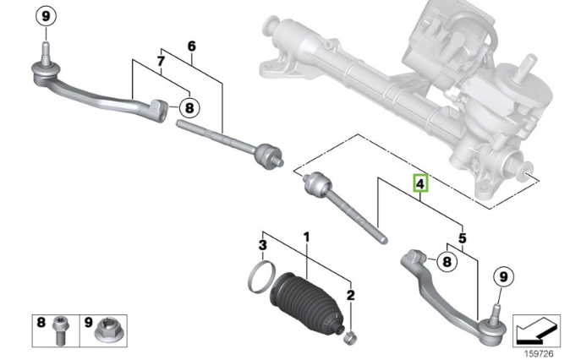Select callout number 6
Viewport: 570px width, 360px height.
pyautogui.click(x=191, y=46)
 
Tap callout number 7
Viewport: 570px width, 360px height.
pyautogui.click(x=161, y=61)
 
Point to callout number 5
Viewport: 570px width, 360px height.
pyautogui.click(x=462, y=239)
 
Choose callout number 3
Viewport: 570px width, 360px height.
pyautogui.click(x=263, y=246)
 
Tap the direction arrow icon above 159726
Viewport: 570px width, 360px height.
pyautogui.click(x=535, y=326)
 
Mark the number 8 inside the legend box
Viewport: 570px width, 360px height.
pyautogui.click(x=41, y=322)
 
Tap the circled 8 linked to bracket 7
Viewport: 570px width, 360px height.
pyautogui.click(x=189, y=107)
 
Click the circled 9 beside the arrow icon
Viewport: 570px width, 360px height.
pyautogui.click(x=502, y=275)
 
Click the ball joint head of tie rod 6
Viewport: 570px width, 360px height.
pyautogui.click(x=268, y=155)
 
